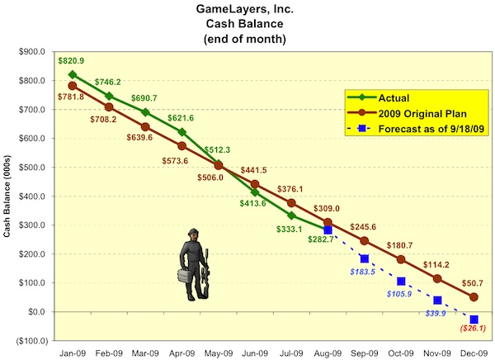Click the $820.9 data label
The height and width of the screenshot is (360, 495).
(x=72, y=60)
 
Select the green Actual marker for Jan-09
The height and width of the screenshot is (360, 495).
(x=73, y=73)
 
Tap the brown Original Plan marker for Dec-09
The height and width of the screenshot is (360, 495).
(x=474, y=297)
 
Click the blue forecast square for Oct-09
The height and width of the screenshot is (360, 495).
(x=401, y=282)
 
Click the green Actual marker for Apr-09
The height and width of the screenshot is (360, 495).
(x=182, y=132)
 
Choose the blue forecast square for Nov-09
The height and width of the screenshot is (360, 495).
(x=437, y=300)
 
